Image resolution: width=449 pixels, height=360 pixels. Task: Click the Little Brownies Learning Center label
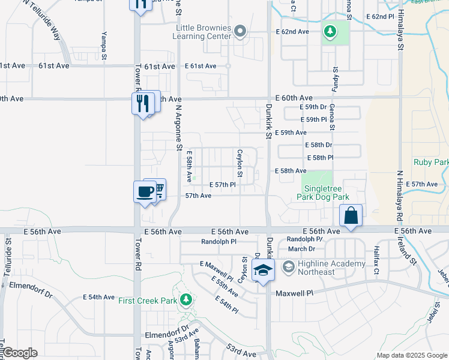(x=202, y=32)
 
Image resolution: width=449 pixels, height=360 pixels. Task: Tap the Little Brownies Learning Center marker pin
(x=240, y=31)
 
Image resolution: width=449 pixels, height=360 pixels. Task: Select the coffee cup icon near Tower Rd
(x=145, y=192)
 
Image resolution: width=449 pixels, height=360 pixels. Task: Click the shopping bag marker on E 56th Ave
(x=351, y=215)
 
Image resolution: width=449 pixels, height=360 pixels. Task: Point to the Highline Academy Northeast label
(x=324, y=268)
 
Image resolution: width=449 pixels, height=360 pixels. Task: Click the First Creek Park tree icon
(x=187, y=299)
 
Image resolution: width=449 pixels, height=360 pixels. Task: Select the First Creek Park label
(x=146, y=300)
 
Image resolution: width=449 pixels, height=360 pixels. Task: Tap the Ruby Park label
(x=430, y=162)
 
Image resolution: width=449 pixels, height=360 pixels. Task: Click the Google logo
(x=19, y=353)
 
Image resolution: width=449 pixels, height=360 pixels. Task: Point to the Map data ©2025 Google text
(x=411, y=355)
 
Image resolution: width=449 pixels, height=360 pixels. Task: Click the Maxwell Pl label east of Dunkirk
(x=294, y=293)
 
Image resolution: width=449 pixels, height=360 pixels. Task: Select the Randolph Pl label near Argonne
(x=219, y=242)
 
